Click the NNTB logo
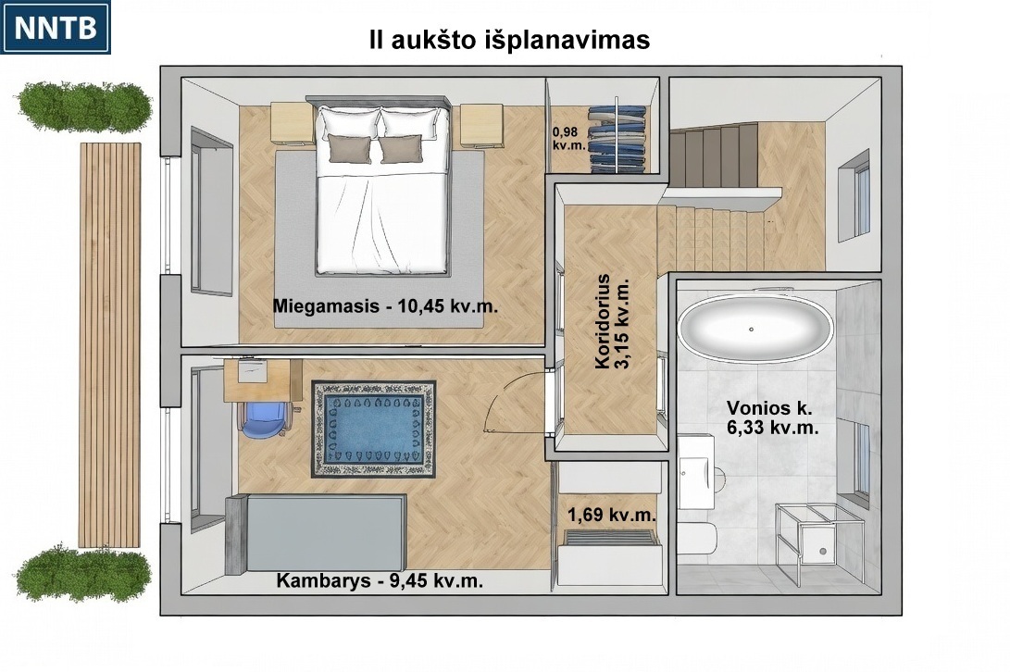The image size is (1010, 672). [56, 27]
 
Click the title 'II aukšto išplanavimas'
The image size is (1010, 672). [509, 40]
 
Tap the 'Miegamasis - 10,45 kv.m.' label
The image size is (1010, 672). [385, 305]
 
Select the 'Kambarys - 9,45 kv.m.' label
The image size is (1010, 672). [380, 580]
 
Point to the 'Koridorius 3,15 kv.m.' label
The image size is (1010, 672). [613, 321]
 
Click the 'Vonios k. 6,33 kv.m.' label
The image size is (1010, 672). [772, 417]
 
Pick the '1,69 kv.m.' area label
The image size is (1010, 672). [612, 515]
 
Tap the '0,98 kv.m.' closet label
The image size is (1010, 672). [568, 139]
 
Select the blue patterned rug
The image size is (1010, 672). [374, 429]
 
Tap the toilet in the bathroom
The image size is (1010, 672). [697, 539]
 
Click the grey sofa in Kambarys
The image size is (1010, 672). [316, 533]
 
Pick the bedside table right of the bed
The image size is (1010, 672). [481, 126]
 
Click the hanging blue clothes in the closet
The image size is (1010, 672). [618, 139]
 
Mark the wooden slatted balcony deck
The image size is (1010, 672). [110, 344]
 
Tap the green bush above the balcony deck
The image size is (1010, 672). [84, 106]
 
